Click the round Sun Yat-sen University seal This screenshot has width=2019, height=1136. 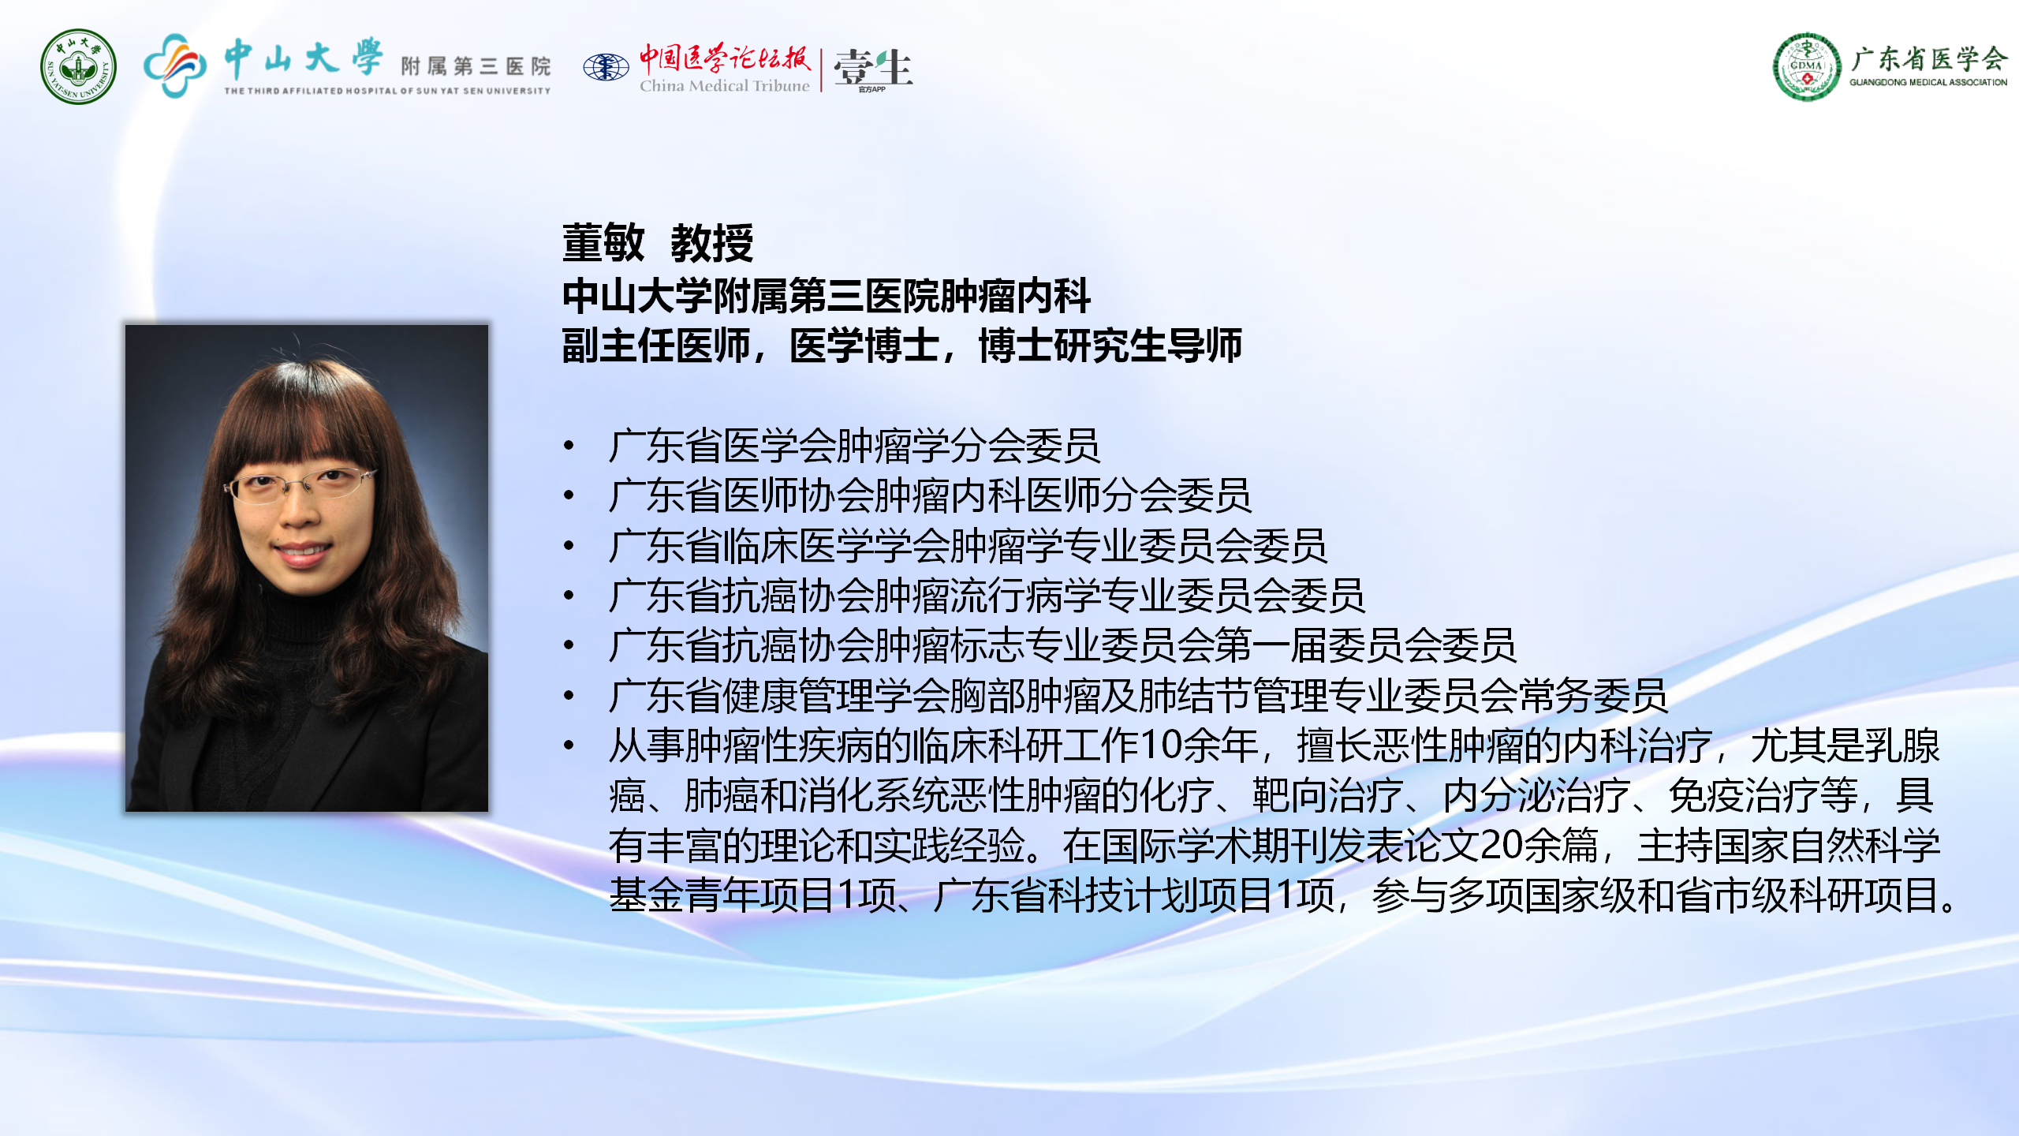click(78, 67)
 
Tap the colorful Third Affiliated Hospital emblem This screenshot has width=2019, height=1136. click(174, 65)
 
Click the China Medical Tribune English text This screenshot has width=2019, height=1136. click(724, 85)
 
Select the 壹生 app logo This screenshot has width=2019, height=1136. click(872, 69)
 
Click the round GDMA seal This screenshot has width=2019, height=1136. click(1807, 67)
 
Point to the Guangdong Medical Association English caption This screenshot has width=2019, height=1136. click(1928, 82)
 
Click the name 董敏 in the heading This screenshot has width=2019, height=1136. click(603, 242)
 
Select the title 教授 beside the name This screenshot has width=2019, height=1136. click(712, 242)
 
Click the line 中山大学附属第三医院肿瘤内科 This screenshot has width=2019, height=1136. click(826, 296)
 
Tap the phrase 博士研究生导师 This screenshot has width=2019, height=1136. click(1110, 346)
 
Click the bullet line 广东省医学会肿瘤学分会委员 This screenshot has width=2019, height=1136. click(854, 446)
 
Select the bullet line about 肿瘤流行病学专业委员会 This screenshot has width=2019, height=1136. click(987, 596)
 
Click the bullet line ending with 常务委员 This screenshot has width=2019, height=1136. click(1138, 696)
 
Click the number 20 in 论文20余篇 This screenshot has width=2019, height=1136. click(1501, 846)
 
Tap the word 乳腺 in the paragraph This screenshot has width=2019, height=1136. click(1902, 745)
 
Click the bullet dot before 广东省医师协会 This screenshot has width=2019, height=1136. click(569, 495)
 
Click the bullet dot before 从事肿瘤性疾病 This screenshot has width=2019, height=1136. click(569, 745)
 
